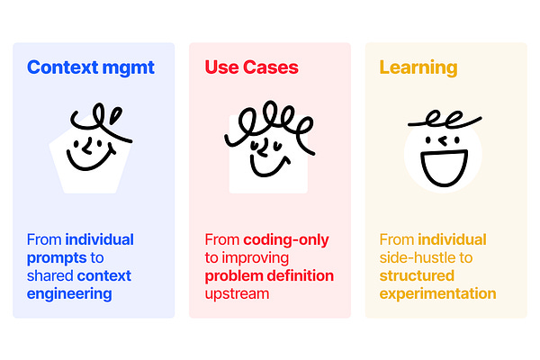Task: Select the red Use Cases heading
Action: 251,67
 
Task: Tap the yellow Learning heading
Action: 418,67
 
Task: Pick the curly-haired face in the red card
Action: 266,148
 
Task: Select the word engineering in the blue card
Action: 69,293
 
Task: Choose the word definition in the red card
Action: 301,275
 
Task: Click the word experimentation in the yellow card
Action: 437,293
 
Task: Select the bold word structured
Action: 417,275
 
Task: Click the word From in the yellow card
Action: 396,239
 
